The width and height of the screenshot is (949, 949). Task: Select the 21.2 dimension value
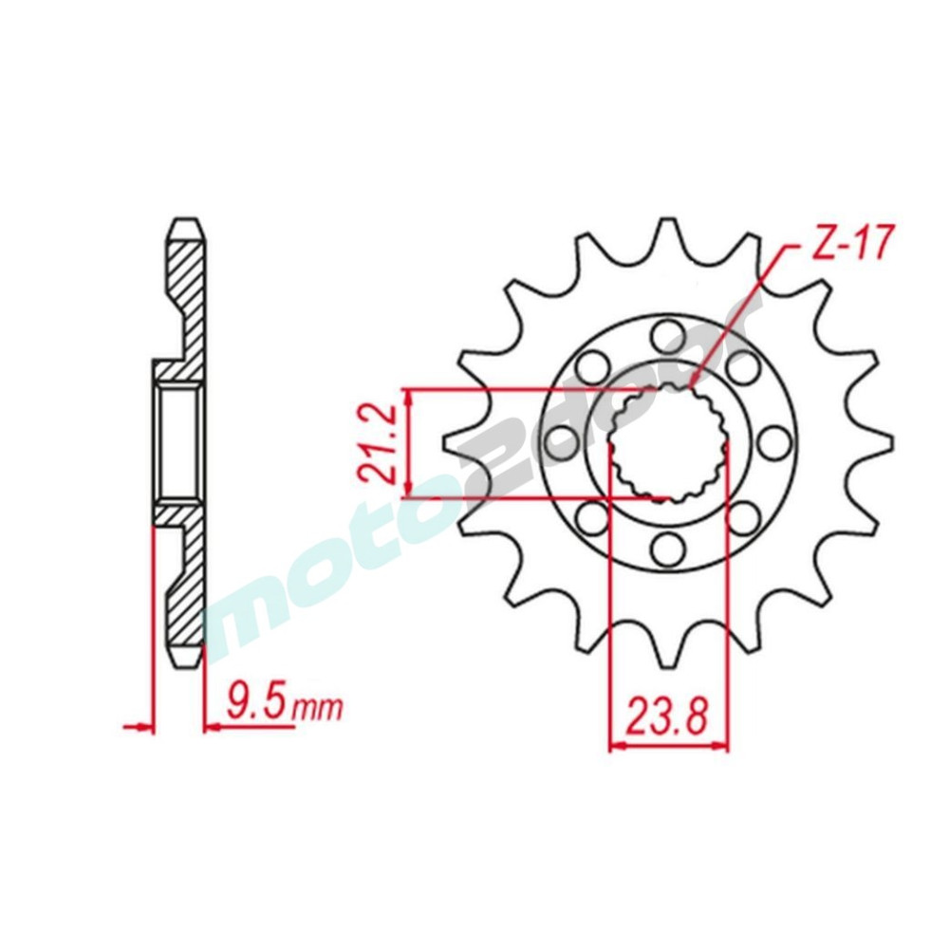click(378, 443)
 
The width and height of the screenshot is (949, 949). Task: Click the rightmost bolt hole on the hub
click(773, 441)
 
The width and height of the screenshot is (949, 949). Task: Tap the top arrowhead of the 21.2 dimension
click(408, 396)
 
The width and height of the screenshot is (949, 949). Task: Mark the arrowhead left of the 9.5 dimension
click(143, 728)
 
